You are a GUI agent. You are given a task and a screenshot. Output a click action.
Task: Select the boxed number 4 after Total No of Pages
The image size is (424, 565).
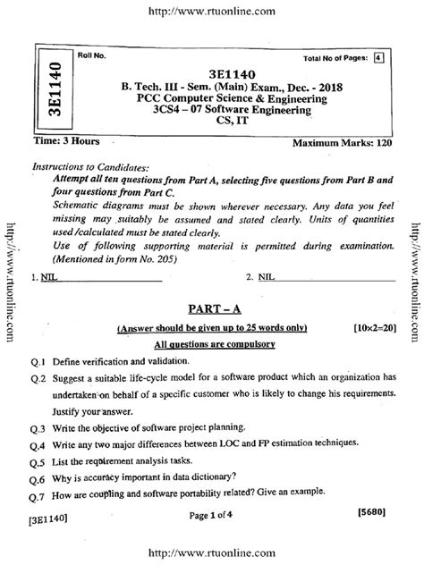click(377, 58)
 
